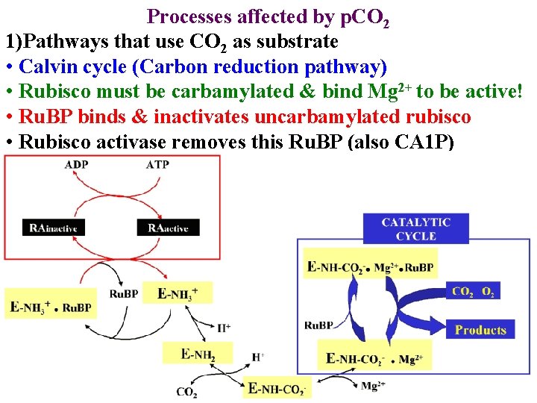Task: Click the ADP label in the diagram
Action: coord(76,165)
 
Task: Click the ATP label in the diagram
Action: coord(157,165)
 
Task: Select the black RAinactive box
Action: coord(54,228)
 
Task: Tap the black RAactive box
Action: coord(169,228)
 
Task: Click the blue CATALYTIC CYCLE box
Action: coord(415,228)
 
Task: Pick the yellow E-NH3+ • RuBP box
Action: coord(51,307)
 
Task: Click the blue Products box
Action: coord(480,329)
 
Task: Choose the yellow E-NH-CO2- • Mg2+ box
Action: coord(374,359)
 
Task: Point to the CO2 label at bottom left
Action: coord(187,391)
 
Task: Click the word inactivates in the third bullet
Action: coord(219,118)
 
